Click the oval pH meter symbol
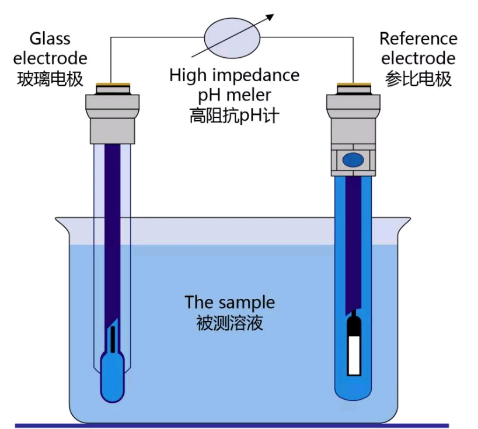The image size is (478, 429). coord(232,38)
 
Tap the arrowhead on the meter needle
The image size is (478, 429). coord(270,18)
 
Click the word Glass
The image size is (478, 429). coord(50,39)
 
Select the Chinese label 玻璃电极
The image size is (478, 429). coord(50,79)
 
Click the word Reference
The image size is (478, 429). coord(418,39)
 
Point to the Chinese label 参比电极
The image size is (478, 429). coord(418,79)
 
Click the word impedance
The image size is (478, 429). coord(256,75)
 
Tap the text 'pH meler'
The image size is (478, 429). coord(235,95)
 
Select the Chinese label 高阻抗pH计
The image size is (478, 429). coord(235,116)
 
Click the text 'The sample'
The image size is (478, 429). coord(230,302)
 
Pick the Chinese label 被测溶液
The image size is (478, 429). coord(229,323)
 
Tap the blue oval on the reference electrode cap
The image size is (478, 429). coord(353,160)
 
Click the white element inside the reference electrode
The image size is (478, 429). coord(354,355)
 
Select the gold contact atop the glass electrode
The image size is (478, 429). coord(113,85)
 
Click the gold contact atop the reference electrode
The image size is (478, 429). coord(354,85)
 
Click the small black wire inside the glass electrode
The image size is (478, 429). coord(113,339)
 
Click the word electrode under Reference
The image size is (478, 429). coord(418,58)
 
